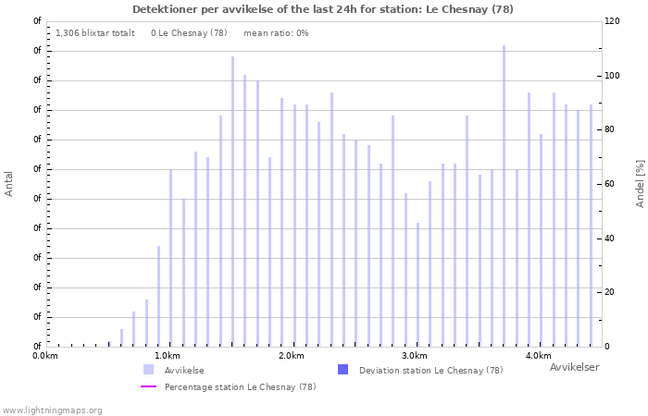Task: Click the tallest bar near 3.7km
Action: click(505, 196)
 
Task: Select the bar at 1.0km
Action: click(170, 258)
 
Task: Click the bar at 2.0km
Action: click(294, 226)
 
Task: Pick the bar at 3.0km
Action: click(417, 285)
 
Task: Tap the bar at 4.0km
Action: click(541, 240)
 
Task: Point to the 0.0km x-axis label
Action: click(45, 356)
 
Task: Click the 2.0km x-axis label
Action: click(292, 356)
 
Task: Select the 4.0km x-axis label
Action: click(539, 356)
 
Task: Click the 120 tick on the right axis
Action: click(612, 21)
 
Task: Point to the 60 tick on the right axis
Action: click(609, 184)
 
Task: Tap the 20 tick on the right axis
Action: click(609, 292)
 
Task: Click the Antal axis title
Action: click(8, 184)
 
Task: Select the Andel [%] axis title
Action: click(640, 184)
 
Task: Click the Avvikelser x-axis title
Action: click(575, 367)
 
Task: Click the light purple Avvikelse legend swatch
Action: click(148, 370)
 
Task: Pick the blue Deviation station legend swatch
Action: click(343, 370)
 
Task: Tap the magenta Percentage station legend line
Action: click(148, 386)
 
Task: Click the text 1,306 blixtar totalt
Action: click(95, 33)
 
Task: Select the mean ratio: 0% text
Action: click(276, 33)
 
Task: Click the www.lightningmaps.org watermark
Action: click(51, 410)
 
